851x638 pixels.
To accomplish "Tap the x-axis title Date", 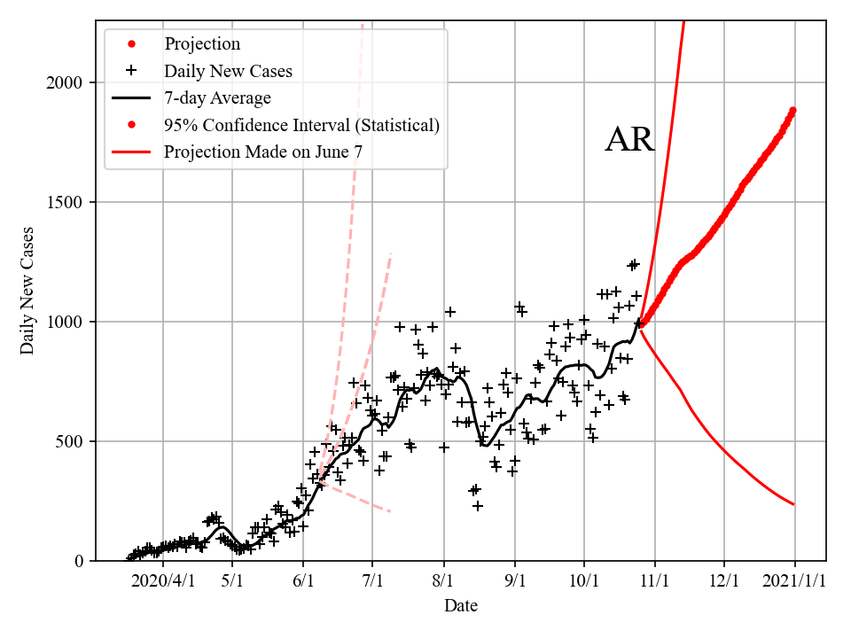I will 461,606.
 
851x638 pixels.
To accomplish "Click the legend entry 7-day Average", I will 217,97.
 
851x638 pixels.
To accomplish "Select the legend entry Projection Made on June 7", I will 262,152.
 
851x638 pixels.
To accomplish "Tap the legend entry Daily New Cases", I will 228,70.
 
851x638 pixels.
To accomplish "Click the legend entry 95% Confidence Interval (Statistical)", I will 301,125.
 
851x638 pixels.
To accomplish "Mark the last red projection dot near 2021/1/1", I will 793,111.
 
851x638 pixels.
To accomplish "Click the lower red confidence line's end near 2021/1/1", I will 793,504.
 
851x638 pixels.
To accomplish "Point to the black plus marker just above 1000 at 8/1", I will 450,312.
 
